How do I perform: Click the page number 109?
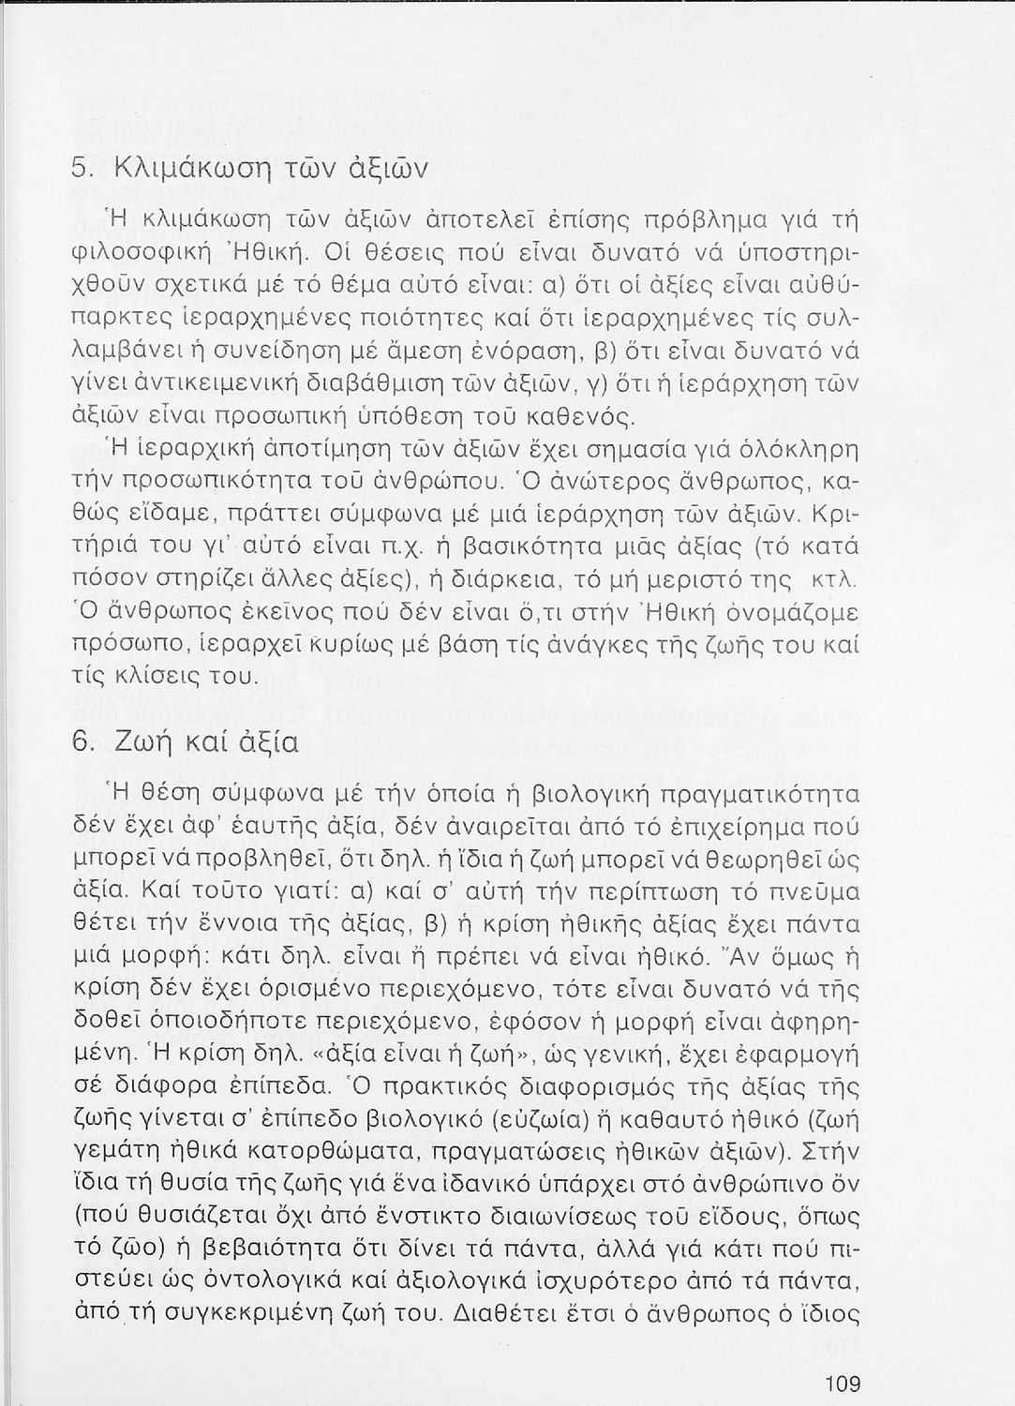tap(843, 1383)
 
